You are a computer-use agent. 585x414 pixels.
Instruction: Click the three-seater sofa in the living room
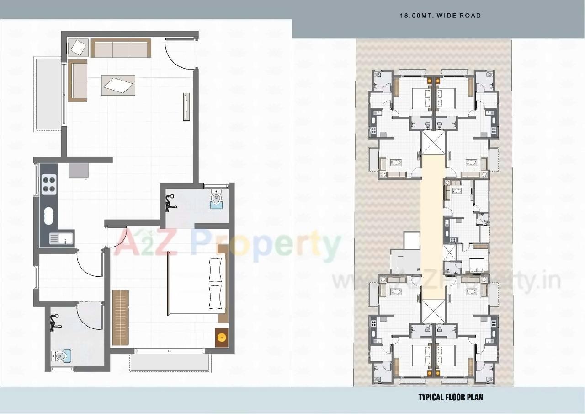point(121,48)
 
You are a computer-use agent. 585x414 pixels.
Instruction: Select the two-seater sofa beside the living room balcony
point(78,80)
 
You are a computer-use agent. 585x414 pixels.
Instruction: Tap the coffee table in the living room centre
point(118,85)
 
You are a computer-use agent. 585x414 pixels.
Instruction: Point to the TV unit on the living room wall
point(186,107)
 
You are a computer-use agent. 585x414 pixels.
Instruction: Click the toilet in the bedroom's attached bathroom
point(217,201)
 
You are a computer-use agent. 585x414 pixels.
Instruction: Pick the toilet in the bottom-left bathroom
point(61,355)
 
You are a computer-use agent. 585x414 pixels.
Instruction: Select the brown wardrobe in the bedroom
point(121,317)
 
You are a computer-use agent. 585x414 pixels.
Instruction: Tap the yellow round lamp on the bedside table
point(222,338)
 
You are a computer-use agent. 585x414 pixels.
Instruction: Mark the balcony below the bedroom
point(170,362)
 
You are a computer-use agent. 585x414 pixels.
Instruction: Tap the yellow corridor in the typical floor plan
point(431,215)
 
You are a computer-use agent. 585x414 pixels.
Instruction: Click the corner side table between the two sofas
point(79,47)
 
